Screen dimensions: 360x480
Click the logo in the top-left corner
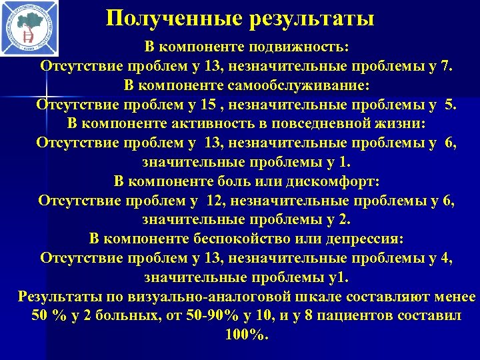29,28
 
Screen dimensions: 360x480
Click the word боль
265,182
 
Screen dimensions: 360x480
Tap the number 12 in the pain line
215,201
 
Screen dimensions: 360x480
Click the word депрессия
358,239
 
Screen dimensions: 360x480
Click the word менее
453,297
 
